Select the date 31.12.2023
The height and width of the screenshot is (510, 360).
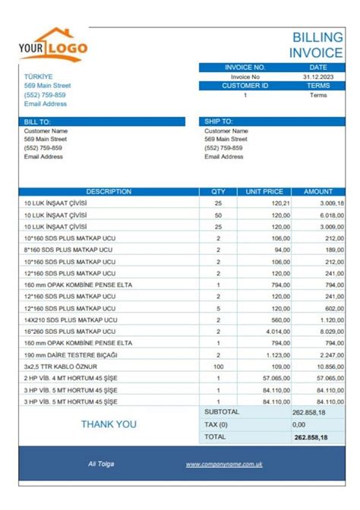point(317,77)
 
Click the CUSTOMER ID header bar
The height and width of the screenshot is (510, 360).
point(245,86)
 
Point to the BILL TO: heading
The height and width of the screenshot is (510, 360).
point(37,121)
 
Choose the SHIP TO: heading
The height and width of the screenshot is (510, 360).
point(218,121)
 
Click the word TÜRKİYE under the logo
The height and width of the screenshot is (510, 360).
point(39,77)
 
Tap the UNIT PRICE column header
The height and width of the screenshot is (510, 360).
point(264,192)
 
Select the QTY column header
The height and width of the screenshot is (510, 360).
point(218,192)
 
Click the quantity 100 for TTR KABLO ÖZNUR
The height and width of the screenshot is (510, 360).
point(218,367)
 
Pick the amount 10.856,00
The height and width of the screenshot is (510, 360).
point(318,367)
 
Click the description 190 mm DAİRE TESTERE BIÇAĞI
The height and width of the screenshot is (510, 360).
point(65,355)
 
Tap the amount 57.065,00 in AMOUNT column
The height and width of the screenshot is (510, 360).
point(318,378)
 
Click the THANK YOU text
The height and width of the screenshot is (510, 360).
point(109,424)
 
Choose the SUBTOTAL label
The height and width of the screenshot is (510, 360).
point(222,412)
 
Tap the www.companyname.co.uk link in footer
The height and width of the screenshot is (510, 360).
point(224,464)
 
